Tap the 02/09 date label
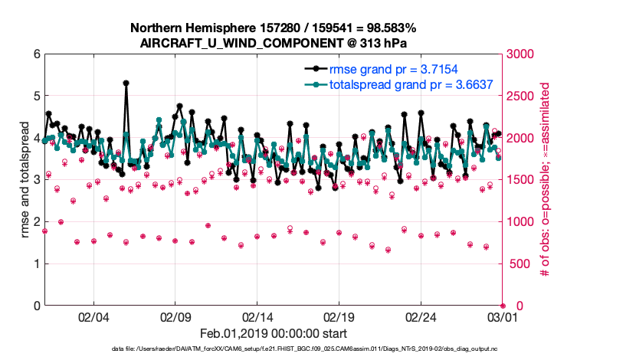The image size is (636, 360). pyautogui.click(x=175, y=317)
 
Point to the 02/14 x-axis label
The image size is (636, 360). pyautogui.click(x=257, y=317)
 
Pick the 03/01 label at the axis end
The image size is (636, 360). pyautogui.click(x=502, y=317)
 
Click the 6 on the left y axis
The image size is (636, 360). pyautogui.click(x=35, y=54)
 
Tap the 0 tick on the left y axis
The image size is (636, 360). pyautogui.click(x=35, y=306)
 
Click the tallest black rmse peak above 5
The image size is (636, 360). pyautogui.click(x=126, y=83)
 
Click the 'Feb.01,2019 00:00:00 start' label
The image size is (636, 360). pyautogui.click(x=274, y=334)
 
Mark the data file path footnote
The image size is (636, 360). pyautogui.click(x=315, y=350)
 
